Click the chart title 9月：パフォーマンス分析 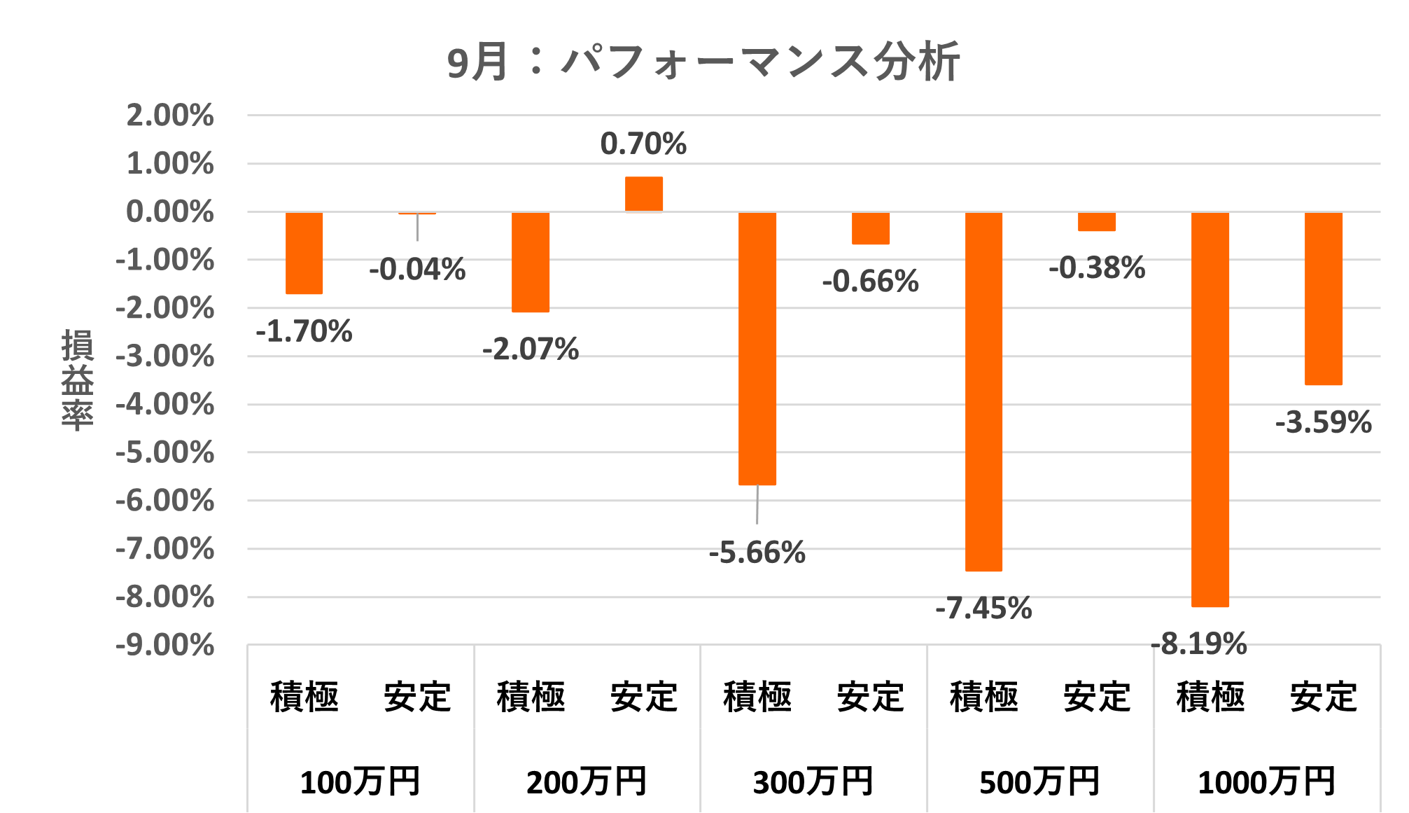click(x=703, y=62)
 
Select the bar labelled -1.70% click(x=304, y=253)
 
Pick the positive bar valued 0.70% click(x=644, y=194)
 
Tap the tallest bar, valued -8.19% click(x=1210, y=409)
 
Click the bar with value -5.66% click(x=757, y=348)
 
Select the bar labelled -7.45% click(x=983, y=391)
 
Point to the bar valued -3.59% click(x=1324, y=298)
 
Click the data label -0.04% click(x=417, y=270)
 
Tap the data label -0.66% click(x=870, y=282)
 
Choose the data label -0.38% click(x=1097, y=267)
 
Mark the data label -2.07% click(x=531, y=349)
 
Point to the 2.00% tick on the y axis click(x=170, y=116)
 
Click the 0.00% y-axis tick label click(x=170, y=211)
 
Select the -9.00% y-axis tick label click(x=165, y=645)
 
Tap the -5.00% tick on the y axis click(x=165, y=452)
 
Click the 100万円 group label click(x=360, y=782)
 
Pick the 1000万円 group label click(x=1267, y=782)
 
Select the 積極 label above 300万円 click(x=757, y=697)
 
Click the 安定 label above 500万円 click(x=1097, y=697)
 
